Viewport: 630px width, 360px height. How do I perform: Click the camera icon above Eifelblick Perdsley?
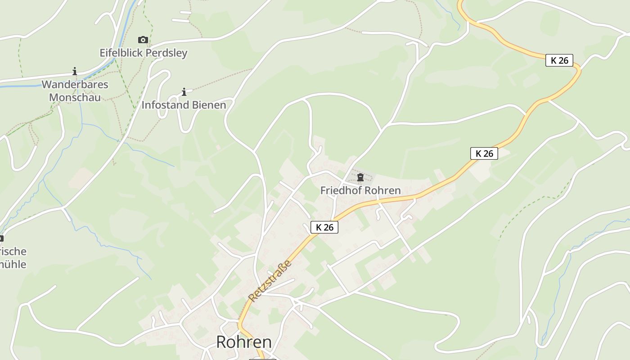click(x=143, y=40)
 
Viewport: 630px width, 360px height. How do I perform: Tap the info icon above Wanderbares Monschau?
click(x=75, y=71)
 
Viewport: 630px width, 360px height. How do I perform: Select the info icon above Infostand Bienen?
click(x=184, y=92)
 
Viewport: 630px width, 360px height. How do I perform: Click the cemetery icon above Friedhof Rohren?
click(x=360, y=177)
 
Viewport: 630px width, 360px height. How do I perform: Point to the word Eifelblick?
click(x=119, y=53)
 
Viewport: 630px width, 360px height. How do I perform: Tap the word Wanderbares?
click(x=75, y=85)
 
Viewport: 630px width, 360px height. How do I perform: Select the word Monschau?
click(x=75, y=97)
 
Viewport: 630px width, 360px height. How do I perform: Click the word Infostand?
click(x=164, y=105)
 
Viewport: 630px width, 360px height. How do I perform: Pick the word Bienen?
click(x=209, y=105)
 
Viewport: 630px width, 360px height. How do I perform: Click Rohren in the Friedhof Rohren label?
click(x=382, y=190)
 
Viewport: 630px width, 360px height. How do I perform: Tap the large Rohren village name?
click(x=244, y=342)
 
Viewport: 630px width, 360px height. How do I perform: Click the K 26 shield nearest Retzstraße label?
click(x=324, y=227)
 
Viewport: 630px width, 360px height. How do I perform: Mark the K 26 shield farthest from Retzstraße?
click(x=559, y=60)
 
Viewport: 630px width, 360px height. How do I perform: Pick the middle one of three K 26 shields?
click(x=484, y=153)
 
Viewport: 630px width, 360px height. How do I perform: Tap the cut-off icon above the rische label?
click(x=1, y=238)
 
